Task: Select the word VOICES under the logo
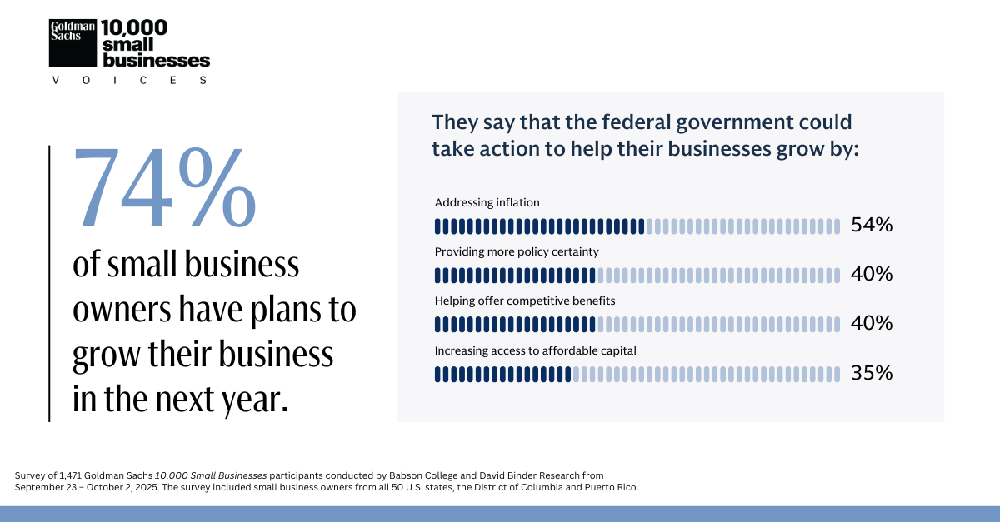(129, 81)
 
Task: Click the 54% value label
(872, 225)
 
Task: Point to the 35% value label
(872, 374)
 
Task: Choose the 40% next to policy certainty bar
(872, 274)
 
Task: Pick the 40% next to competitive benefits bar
(872, 323)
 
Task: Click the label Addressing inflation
(487, 202)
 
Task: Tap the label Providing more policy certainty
(517, 251)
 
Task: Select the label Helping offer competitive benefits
(525, 301)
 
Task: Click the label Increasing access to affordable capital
(535, 350)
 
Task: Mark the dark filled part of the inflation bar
(539, 226)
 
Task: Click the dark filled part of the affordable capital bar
(502, 375)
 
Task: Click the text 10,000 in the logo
(133, 27)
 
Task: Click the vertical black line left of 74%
(49, 283)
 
